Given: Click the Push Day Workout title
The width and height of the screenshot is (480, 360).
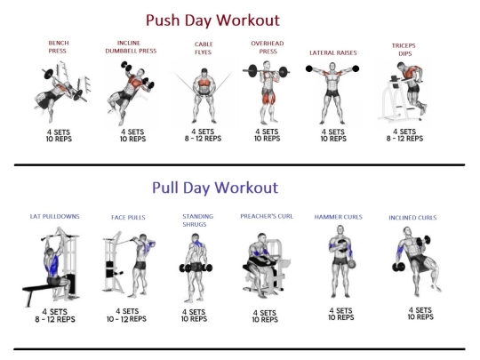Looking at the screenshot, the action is (212, 20).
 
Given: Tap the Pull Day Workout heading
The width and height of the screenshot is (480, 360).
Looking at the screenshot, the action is (215, 188).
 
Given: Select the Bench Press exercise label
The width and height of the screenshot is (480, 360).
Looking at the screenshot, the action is (58, 47).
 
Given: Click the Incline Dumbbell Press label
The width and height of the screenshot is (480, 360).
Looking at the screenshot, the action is (131, 47).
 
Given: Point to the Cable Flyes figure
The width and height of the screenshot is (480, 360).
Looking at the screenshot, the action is (204, 95).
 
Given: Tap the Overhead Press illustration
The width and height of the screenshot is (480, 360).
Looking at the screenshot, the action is (267, 92).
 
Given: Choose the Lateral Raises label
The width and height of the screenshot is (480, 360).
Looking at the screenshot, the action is (333, 53).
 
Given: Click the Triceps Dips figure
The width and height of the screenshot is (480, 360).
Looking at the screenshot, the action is (403, 92).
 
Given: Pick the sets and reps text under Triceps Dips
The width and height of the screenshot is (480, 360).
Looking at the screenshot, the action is (404, 135).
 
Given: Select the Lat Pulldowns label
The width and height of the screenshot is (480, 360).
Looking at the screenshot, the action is (55, 216).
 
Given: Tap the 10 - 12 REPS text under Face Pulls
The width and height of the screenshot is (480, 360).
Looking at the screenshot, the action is (126, 319).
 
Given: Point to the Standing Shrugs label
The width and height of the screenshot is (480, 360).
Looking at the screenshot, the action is (197, 220).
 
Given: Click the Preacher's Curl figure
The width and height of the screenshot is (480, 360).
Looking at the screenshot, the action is (266, 265).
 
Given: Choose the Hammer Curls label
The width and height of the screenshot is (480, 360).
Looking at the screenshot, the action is (339, 217).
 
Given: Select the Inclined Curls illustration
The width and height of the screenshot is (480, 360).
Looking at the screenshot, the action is (417, 261).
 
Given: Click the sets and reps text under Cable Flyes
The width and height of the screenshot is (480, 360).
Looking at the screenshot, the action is (203, 135).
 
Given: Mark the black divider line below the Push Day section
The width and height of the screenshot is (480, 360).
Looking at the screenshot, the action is (239, 165).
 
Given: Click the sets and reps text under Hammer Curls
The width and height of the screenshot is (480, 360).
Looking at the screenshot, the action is (341, 314).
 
